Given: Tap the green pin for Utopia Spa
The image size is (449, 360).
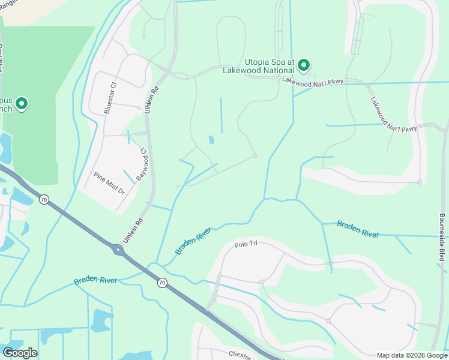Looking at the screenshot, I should pyautogui.click(x=304, y=64).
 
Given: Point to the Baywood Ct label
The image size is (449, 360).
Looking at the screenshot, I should pyautogui.click(x=143, y=162).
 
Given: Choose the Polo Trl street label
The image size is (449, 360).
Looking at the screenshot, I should pyautogui.click(x=245, y=245).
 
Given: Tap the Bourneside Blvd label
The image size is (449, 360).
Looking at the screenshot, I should pyautogui.click(x=442, y=237).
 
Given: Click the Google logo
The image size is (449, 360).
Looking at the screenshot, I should pyautogui.click(x=20, y=353).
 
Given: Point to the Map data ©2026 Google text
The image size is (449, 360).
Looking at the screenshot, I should pyautogui.click(x=411, y=355).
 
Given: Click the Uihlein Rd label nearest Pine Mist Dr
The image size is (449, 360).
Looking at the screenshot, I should pyautogui.click(x=133, y=230).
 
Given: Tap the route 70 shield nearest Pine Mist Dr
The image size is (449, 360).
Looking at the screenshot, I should pyautogui.click(x=44, y=200).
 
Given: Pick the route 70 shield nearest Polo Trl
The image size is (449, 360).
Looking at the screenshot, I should pyautogui.click(x=161, y=283).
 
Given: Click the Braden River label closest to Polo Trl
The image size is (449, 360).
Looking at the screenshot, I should pyautogui.click(x=193, y=241).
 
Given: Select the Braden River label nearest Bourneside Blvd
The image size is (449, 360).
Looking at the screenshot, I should pyautogui.click(x=358, y=229).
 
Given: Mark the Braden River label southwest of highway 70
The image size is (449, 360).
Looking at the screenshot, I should pyautogui.click(x=95, y=280).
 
